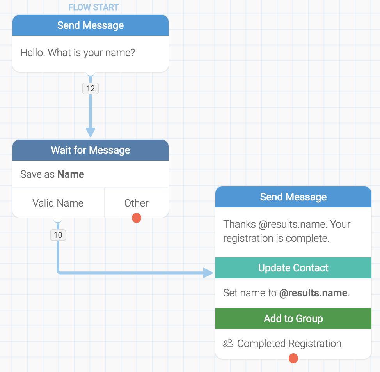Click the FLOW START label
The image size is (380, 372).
[x=93, y=7]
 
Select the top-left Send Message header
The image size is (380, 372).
[x=91, y=25]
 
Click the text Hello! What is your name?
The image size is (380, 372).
[x=78, y=53]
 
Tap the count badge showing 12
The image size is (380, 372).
[x=91, y=89]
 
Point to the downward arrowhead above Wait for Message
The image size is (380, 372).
[x=91, y=132]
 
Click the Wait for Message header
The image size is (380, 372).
[x=91, y=150]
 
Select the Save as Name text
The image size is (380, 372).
[x=52, y=174]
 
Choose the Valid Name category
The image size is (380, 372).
[x=58, y=203]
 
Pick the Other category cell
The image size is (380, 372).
[x=136, y=203]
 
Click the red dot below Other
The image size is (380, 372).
[x=137, y=218]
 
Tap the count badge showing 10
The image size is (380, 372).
[x=58, y=235]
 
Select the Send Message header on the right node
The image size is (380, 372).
[x=293, y=197]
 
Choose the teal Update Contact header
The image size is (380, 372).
[x=293, y=268]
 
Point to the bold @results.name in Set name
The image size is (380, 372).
[x=313, y=293]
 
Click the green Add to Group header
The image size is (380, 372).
[x=293, y=319]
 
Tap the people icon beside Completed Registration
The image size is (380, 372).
[x=228, y=344]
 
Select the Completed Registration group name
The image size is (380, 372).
[x=289, y=344]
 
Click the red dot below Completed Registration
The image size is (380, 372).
[x=293, y=358]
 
